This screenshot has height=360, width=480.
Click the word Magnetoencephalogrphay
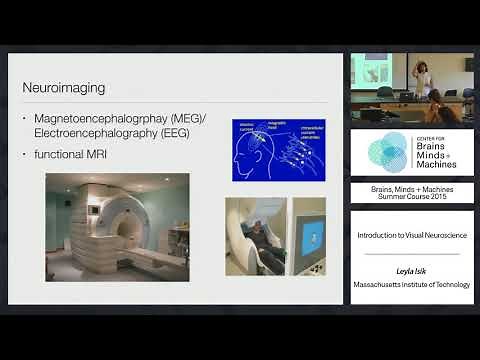(x=99, y=121)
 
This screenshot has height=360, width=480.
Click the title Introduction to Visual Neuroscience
(x=411, y=235)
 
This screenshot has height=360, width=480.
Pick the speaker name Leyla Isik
(x=411, y=271)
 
